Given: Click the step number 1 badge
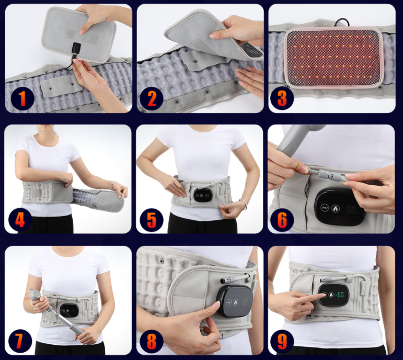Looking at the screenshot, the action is (22, 99).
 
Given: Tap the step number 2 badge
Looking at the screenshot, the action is (152, 99).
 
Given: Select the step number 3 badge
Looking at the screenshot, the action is (282, 98).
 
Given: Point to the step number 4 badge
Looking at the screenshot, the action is (20, 220).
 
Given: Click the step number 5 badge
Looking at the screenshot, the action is (152, 220).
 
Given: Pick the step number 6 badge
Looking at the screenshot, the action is (282, 220).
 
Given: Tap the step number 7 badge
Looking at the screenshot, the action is (20, 341).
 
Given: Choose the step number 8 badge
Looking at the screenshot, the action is (152, 342).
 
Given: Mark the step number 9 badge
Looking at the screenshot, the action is (282, 342).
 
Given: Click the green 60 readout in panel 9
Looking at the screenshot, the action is (341, 295).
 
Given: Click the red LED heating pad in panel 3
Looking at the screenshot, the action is (333, 57).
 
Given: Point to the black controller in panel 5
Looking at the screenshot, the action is (202, 195).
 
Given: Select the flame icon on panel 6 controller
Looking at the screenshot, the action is (335, 208).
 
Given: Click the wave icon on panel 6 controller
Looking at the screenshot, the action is (325, 207).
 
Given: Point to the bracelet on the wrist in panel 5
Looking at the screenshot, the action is (243, 204).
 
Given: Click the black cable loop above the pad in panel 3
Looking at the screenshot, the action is (342, 22).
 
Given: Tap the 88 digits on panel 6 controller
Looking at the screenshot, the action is (351, 210).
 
